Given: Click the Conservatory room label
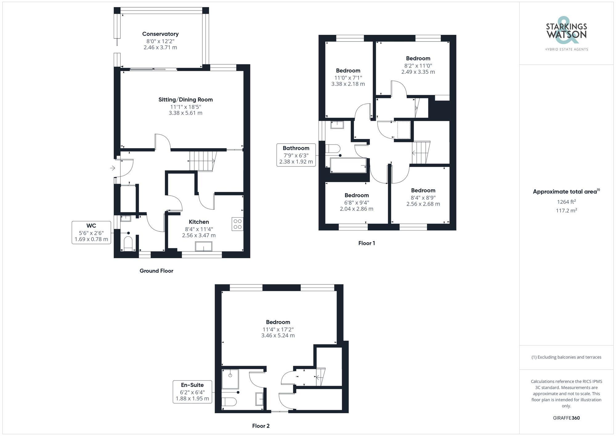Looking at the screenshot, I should coord(160,34).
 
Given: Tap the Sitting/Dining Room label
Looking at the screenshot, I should coord(185,100).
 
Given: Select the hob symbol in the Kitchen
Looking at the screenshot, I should coord(237,224).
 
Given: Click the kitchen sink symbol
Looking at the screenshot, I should coord(204,247).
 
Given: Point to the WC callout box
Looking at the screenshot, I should coord(91,233).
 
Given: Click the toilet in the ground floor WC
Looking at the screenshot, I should coord(128,243).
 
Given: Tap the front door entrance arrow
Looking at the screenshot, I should coord(113,168).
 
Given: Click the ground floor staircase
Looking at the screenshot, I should coord(202,161).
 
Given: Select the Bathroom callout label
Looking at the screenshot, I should coord(296,155).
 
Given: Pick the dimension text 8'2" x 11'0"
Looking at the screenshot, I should coord(418,66).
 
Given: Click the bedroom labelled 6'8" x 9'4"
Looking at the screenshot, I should coord(356,202).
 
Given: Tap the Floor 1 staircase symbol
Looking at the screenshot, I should coord(421,153).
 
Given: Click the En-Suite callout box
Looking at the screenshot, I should coord(192,392).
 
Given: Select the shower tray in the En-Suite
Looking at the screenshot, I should coord(230,379).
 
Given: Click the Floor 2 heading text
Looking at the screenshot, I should coord(261,426).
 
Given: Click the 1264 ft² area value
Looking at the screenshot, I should coord(566,202).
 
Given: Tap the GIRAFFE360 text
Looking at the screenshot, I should coord(566,418).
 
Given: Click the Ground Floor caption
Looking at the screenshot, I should coord(156,271).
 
